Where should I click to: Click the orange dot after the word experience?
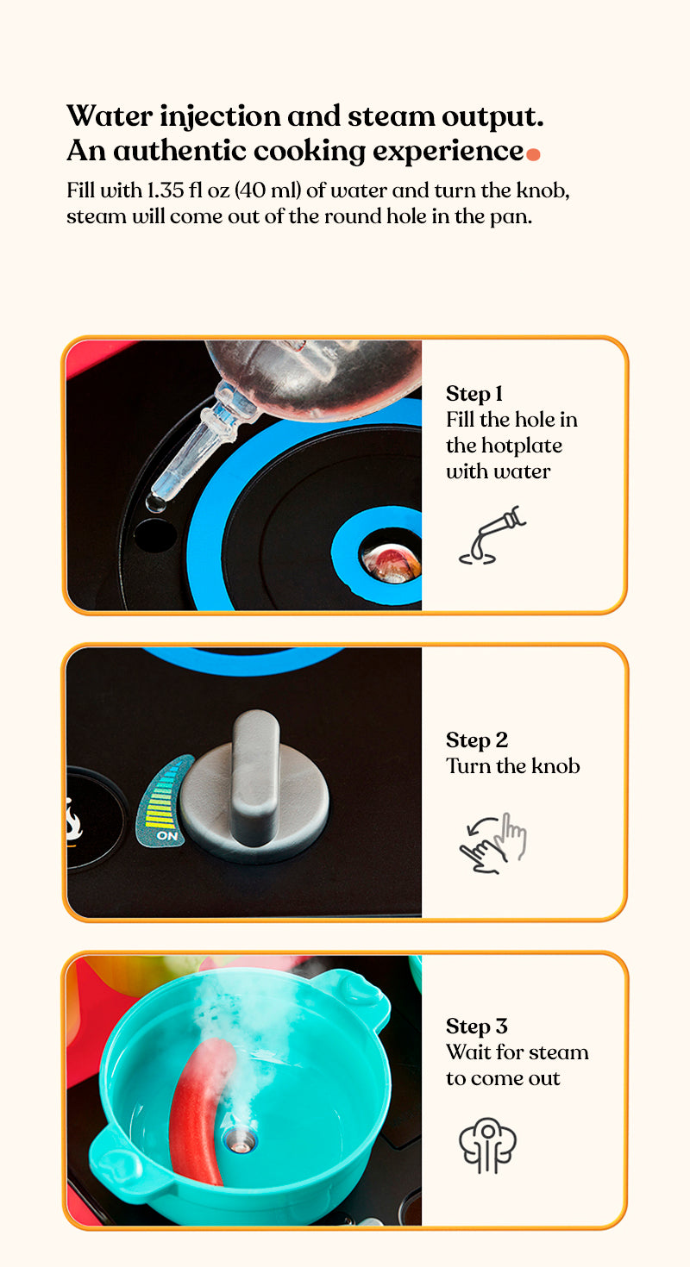tap(533, 153)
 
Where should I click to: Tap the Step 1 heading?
tap(474, 394)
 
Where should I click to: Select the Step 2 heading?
tap(477, 740)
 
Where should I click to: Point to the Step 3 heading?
tap(477, 1026)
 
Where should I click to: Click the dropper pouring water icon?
tap(492, 535)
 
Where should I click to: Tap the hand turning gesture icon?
tap(492, 843)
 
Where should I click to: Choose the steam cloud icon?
tap(487, 1145)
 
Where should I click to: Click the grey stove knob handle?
tap(255, 777)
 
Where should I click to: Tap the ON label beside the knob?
tap(166, 835)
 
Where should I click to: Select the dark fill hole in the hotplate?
tap(155, 535)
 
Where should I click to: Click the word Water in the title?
tap(110, 116)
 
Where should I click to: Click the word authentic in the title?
tap(180, 151)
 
